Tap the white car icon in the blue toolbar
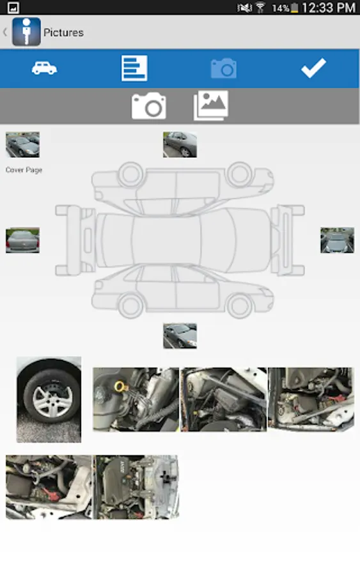pyautogui.click(x=44, y=68)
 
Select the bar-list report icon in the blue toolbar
pyautogui.click(x=134, y=68)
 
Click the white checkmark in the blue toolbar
pyautogui.click(x=313, y=68)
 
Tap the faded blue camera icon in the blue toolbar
pyautogui.click(x=224, y=68)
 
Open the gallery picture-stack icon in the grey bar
pyautogui.click(x=210, y=105)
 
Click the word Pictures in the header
pyautogui.click(x=63, y=33)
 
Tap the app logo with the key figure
pyautogui.click(x=26, y=32)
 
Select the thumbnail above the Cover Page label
pyautogui.click(x=22, y=145)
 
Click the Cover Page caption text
pyautogui.click(x=24, y=170)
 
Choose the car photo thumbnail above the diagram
pyautogui.click(x=180, y=145)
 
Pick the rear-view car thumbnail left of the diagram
pyautogui.click(x=22, y=240)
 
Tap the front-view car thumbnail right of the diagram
pyautogui.click(x=337, y=240)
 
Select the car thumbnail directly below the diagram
pyautogui.click(x=180, y=336)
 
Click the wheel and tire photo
pyautogui.click(x=49, y=400)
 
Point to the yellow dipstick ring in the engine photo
pyautogui.click(x=120, y=386)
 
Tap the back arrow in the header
pyautogui.click(x=5, y=33)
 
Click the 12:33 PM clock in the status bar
pyautogui.click(x=329, y=8)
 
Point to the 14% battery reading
pyautogui.click(x=281, y=8)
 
